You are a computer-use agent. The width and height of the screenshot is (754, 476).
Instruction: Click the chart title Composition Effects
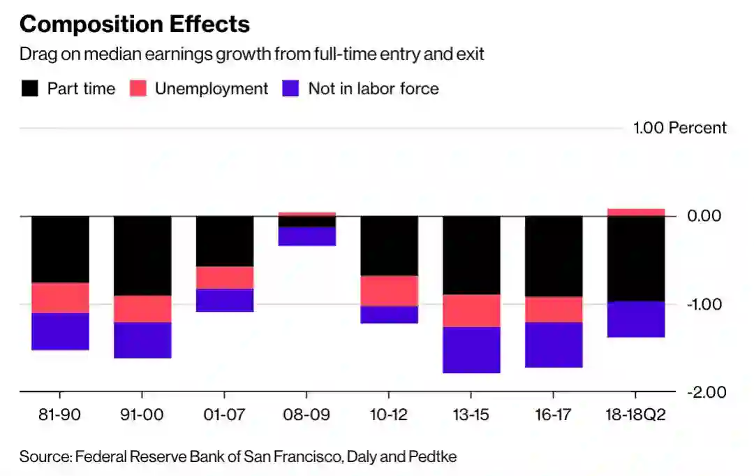coord(134,24)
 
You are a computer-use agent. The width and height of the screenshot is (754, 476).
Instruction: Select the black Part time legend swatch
coord(29,89)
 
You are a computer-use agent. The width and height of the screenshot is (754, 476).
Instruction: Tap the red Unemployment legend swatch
coord(138,89)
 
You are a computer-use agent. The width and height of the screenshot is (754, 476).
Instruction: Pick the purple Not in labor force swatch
coord(290,89)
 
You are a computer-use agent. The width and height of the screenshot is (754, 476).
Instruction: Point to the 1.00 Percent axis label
coord(679,128)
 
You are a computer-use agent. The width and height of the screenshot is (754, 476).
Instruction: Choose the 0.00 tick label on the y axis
coord(704,215)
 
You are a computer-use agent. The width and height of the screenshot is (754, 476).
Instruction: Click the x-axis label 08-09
coord(306,414)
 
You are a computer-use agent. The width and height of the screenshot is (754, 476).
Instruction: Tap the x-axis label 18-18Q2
coord(635,414)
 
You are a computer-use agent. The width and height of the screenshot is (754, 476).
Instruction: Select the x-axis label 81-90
coord(60,414)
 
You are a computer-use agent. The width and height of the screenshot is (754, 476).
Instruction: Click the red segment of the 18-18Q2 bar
coord(636,212)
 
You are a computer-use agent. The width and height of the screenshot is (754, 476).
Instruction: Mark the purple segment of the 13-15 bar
coord(471,349)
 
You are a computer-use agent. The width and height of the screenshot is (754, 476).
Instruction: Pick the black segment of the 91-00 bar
coord(142,256)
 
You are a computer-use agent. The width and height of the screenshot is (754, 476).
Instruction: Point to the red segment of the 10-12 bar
coord(389,291)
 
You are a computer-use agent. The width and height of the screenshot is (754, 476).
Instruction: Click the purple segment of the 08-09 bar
coord(306,236)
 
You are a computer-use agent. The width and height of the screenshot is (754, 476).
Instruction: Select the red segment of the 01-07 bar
coord(224,277)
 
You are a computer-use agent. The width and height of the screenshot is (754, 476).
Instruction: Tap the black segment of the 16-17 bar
coord(554,257)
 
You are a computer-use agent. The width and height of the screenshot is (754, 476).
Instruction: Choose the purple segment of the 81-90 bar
coord(60,331)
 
